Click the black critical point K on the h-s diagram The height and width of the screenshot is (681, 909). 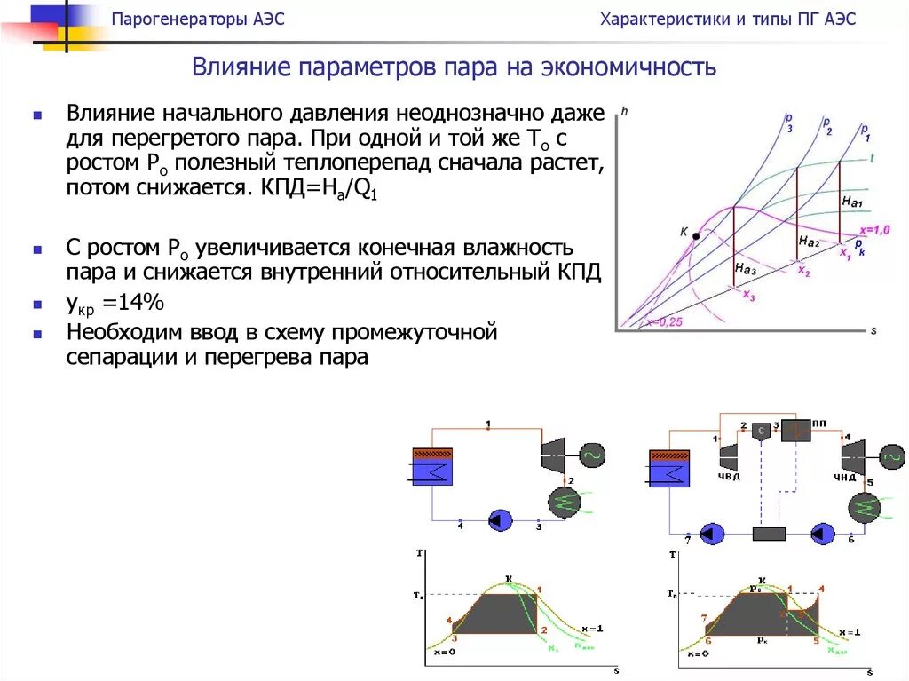[696, 236]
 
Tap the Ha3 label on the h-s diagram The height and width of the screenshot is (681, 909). [746, 267]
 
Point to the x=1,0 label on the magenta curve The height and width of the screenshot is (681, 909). [874, 230]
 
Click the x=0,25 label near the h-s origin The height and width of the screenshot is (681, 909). [663, 322]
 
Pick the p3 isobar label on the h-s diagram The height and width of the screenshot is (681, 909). [788, 122]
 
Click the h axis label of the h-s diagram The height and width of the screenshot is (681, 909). [624, 111]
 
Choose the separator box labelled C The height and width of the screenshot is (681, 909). [762, 431]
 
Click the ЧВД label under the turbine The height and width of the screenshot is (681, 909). [728, 477]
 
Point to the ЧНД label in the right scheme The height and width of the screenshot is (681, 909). [844, 478]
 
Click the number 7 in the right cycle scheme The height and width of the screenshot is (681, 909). [687, 540]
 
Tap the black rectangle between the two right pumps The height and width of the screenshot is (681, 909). [770, 534]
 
